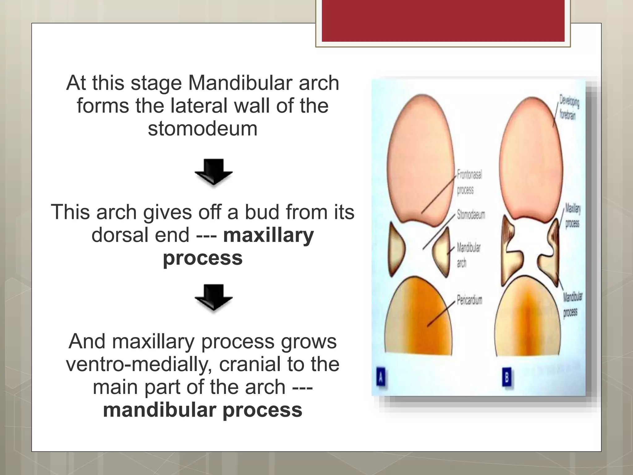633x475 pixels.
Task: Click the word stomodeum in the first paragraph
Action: (202, 129)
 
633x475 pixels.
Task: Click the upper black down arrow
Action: (214, 172)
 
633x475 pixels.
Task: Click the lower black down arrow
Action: (214, 297)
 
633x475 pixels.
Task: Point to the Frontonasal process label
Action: (469, 182)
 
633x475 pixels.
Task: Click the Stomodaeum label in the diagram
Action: (471, 215)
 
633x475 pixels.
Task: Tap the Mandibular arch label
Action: (468, 255)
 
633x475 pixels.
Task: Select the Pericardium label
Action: (469, 300)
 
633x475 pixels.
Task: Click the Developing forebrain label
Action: (568, 107)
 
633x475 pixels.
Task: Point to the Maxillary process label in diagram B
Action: (573, 216)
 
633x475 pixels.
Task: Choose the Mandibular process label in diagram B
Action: (572, 305)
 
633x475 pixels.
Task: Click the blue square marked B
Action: (507, 377)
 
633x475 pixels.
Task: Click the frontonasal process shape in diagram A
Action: (420, 158)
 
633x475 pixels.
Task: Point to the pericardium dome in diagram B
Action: (530, 322)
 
